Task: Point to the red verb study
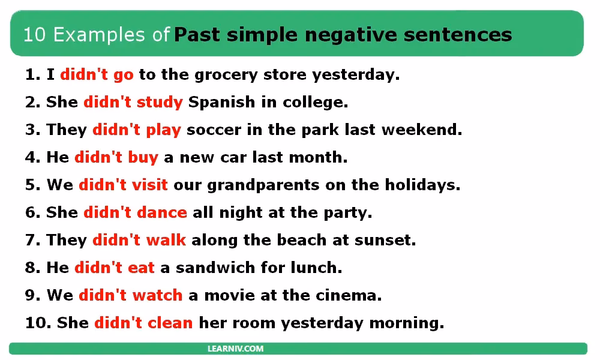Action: click(160, 103)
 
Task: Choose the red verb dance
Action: click(162, 212)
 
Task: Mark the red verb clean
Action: click(170, 323)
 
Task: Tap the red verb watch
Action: click(157, 295)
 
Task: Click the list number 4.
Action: click(31, 158)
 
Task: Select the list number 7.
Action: click(31, 240)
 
